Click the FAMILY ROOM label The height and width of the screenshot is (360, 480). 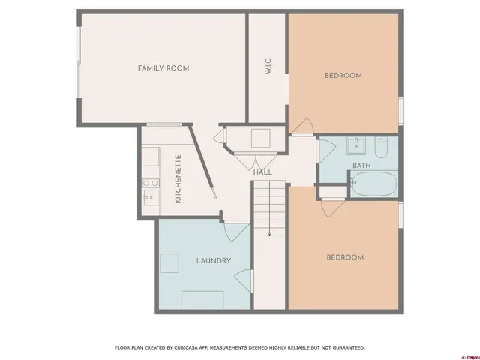pyautogui.click(x=163, y=68)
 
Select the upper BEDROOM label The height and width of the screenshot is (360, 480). pyautogui.click(x=343, y=75)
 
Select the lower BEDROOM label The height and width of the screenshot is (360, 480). pyautogui.click(x=344, y=257)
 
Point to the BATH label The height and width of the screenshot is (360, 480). pyautogui.click(x=361, y=165)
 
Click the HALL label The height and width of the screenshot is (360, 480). pyautogui.click(x=262, y=172)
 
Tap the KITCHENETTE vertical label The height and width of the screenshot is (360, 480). pyautogui.click(x=178, y=179)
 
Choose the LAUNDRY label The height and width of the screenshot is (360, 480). pyautogui.click(x=213, y=260)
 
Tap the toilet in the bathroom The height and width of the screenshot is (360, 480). pyautogui.click(x=380, y=149)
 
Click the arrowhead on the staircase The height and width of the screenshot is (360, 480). pyautogui.click(x=269, y=233)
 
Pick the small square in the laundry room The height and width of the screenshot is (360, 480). pyautogui.click(x=169, y=263)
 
